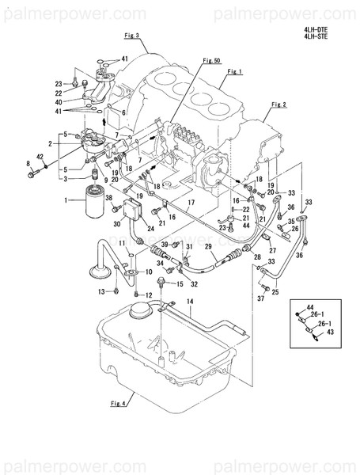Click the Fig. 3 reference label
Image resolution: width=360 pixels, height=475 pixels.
tap(131, 36)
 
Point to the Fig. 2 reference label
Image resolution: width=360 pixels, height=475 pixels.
tap(278, 104)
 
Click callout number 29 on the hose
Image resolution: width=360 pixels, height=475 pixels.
tap(209, 248)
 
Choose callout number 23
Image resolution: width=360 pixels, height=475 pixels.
tap(59, 83)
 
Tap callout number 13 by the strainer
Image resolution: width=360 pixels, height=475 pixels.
tap(102, 292)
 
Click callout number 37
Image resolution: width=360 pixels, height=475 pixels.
tap(261, 299)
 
